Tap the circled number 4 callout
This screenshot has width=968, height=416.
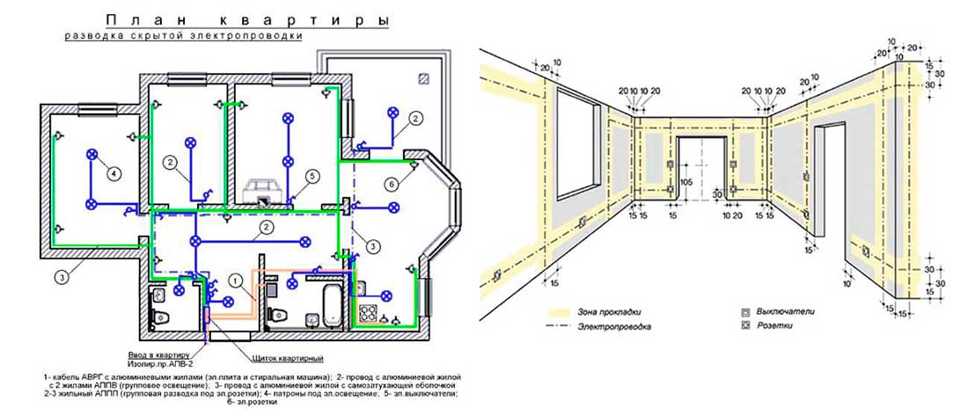point(114,173)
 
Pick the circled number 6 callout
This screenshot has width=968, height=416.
point(391,183)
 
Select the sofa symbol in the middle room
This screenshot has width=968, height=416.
point(267,187)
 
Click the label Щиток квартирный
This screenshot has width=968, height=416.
point(286,359)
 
